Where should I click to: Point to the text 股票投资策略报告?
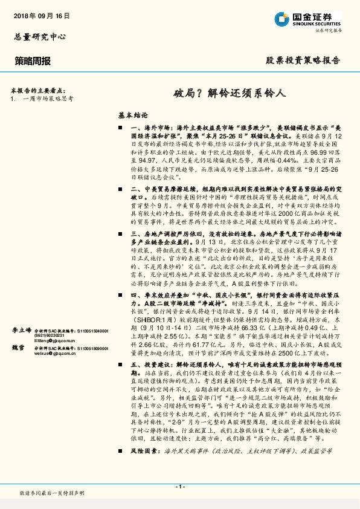click(303, 61)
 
